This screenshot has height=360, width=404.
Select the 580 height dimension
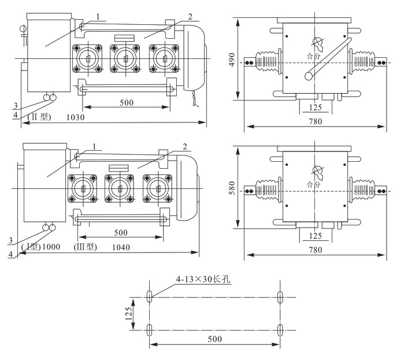pos(232,188)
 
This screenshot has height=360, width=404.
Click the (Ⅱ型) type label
pos(40,117)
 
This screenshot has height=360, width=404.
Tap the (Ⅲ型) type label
pos(86,247)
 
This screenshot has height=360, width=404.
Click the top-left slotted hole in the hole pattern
pos(150,297)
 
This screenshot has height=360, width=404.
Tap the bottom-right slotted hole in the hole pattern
pos(280,330)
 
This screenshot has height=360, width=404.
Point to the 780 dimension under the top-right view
pos(315,121)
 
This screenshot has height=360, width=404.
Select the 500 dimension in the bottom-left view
pos(120,232)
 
